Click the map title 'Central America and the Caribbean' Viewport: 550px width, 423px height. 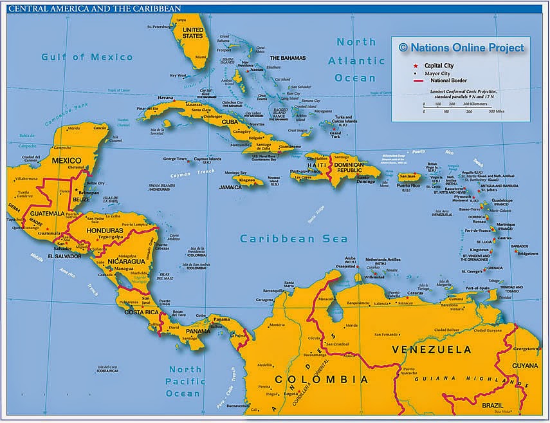tap(94, 8)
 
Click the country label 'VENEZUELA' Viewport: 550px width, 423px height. tap(431, 350)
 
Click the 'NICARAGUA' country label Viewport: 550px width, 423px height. tap(126, 261)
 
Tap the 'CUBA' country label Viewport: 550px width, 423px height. tap(230, 121)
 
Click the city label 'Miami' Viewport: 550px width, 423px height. tap(201, 57)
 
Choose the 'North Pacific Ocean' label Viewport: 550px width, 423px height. tap(184, 381)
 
